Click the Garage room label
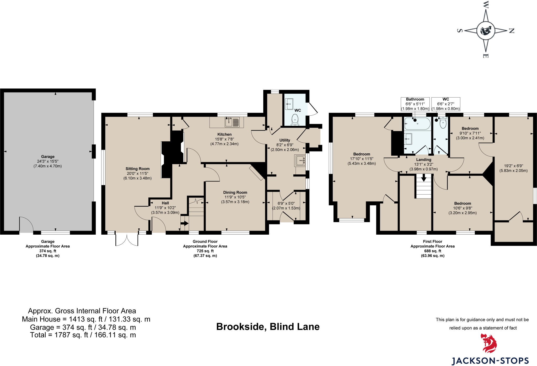pyautogui.click(x=47, y=157)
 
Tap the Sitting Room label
pyautogui.click(x=137, y=169)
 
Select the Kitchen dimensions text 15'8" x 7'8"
pyautogui.click(x=224, y=139)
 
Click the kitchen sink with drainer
pyautogui.click(x=232, y=122)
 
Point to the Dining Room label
pyautogui.click(x=235, y=192)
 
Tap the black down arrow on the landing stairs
pyautogui.click(x=424, y=178)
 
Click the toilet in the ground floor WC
pyautogui.click(x=295, y=119)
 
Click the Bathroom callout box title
pyautogui.click(x=415, y=99)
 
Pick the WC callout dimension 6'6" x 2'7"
pyautogui.click(x=445, y=104)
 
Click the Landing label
pyautogui.click(x=423, y=160)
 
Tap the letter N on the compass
pyautogui.click(x=511, y=31)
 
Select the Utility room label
pyautogui.click(x=285, y=140)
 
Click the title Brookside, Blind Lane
pyautogui.click(x=268, y=327)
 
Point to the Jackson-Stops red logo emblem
pyautogui.click(x=489, y=343)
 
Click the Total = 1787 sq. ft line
pyautogui.click(x=83, y=335)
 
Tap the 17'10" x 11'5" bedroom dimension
pyautogui.click(x=362, y=159)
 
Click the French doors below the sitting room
pyautogui.click(x=127, y=240)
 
